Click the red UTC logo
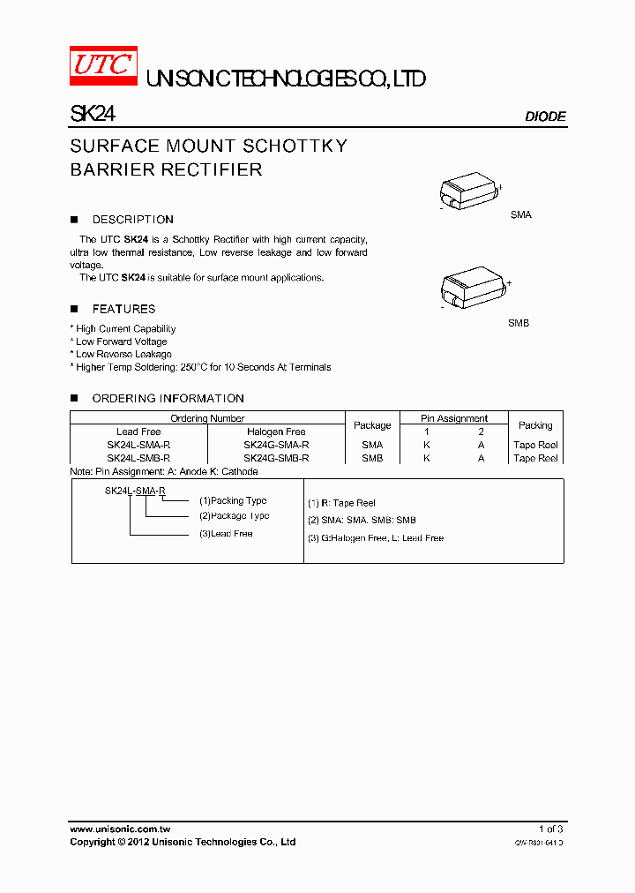103,66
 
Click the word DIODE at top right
545,116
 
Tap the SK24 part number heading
93,115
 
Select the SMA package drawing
470,191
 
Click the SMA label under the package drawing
521,215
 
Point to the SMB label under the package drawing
519,324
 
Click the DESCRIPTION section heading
132,220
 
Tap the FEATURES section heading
123,309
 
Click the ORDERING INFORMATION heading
168,399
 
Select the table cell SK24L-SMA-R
138,446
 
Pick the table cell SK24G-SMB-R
276,458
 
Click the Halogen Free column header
276,432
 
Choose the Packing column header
535,425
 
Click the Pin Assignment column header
454,418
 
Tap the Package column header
372,425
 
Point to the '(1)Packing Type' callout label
233,500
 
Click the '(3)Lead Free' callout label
226,534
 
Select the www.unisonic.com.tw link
120,829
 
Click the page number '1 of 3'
550,829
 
